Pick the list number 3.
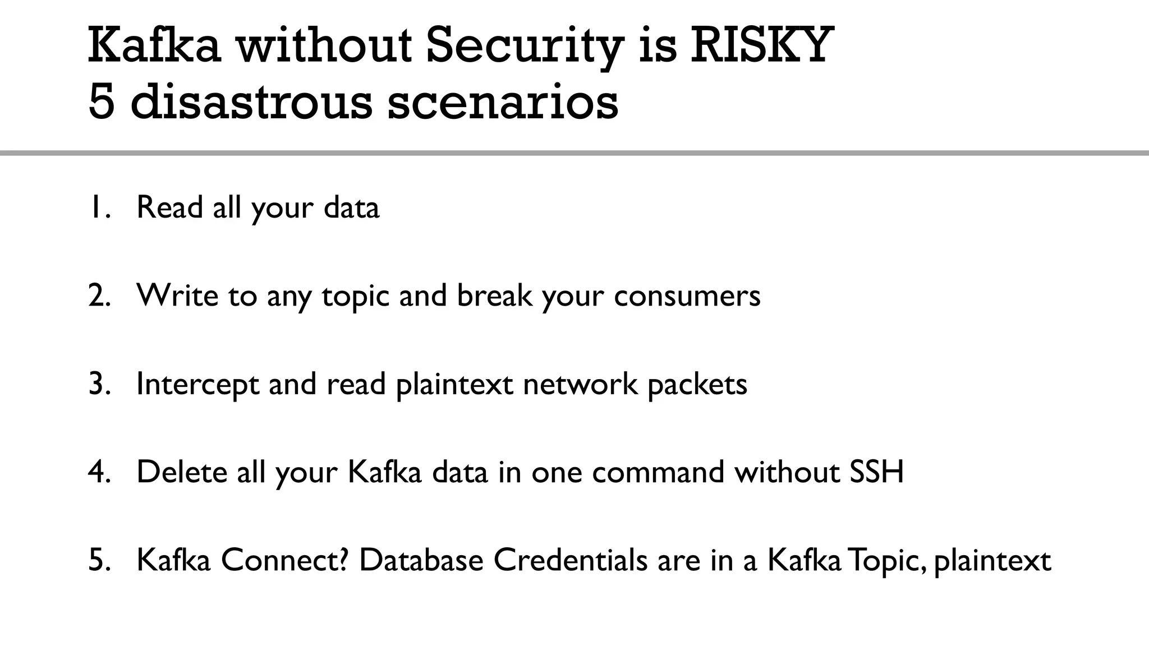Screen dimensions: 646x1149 tap(99, 384)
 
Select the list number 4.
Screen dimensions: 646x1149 tap(99, 472)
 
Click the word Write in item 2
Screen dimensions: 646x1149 tap(177, 295)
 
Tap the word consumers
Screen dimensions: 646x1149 tap(687, 295)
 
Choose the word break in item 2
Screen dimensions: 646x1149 tap(494, 295)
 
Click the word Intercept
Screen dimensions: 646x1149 tap(197, 384)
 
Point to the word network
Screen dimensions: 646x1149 tap(580, 384)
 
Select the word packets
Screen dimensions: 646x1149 tap(697, 384)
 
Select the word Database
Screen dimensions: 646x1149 tap(421, 560)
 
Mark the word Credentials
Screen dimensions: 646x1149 tap(570, 560)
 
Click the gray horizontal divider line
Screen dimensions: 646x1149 tap(574, 153)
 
